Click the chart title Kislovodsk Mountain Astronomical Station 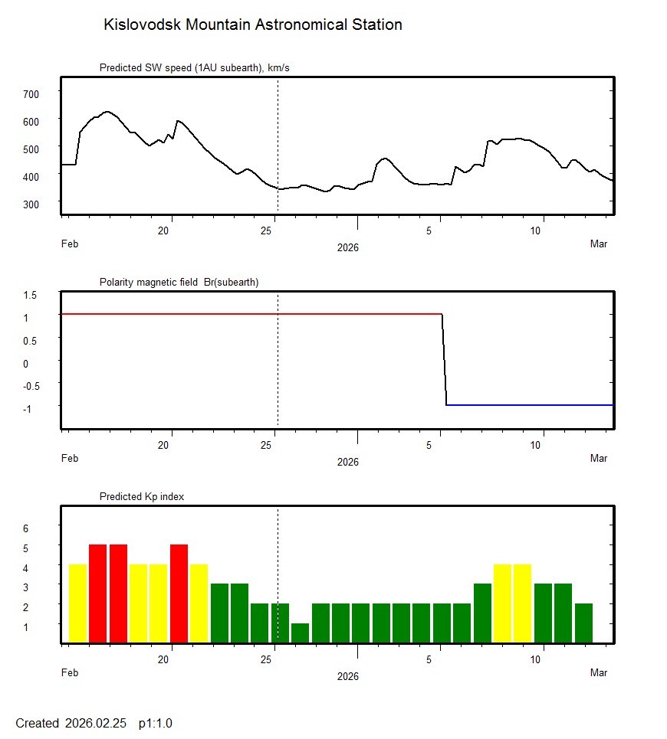(x=252, y=25)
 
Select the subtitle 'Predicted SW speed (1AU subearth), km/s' (x=194, y=68)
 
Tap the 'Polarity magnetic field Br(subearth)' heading (x=179, y=282)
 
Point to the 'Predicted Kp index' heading (x=142, y=496)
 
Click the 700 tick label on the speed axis (x=31, y=93)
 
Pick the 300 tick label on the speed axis (x=31, y=204)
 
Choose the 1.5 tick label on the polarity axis (x=31, y=295)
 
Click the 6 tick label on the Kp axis (x=25, y=528)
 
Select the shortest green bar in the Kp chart (x=300, y=633)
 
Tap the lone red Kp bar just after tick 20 (x=179, y=593)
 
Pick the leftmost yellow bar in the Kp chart (x=78, y=603)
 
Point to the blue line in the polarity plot (x=529, y=404)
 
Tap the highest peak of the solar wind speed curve (x=107, y=112)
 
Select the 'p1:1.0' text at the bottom (x=156, y=723)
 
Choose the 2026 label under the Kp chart (x=347, y=676)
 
